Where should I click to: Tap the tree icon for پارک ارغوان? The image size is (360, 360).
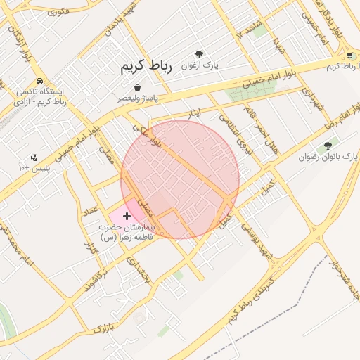click(x=200, y=54)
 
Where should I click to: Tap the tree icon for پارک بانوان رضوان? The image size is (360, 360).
click(x=327, y=146)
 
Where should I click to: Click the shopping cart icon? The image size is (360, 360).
click(x=349, y=55)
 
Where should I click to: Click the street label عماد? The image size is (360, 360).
click(x=89, y=212)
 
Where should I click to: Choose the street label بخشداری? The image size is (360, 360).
click(x=139, y=270)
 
